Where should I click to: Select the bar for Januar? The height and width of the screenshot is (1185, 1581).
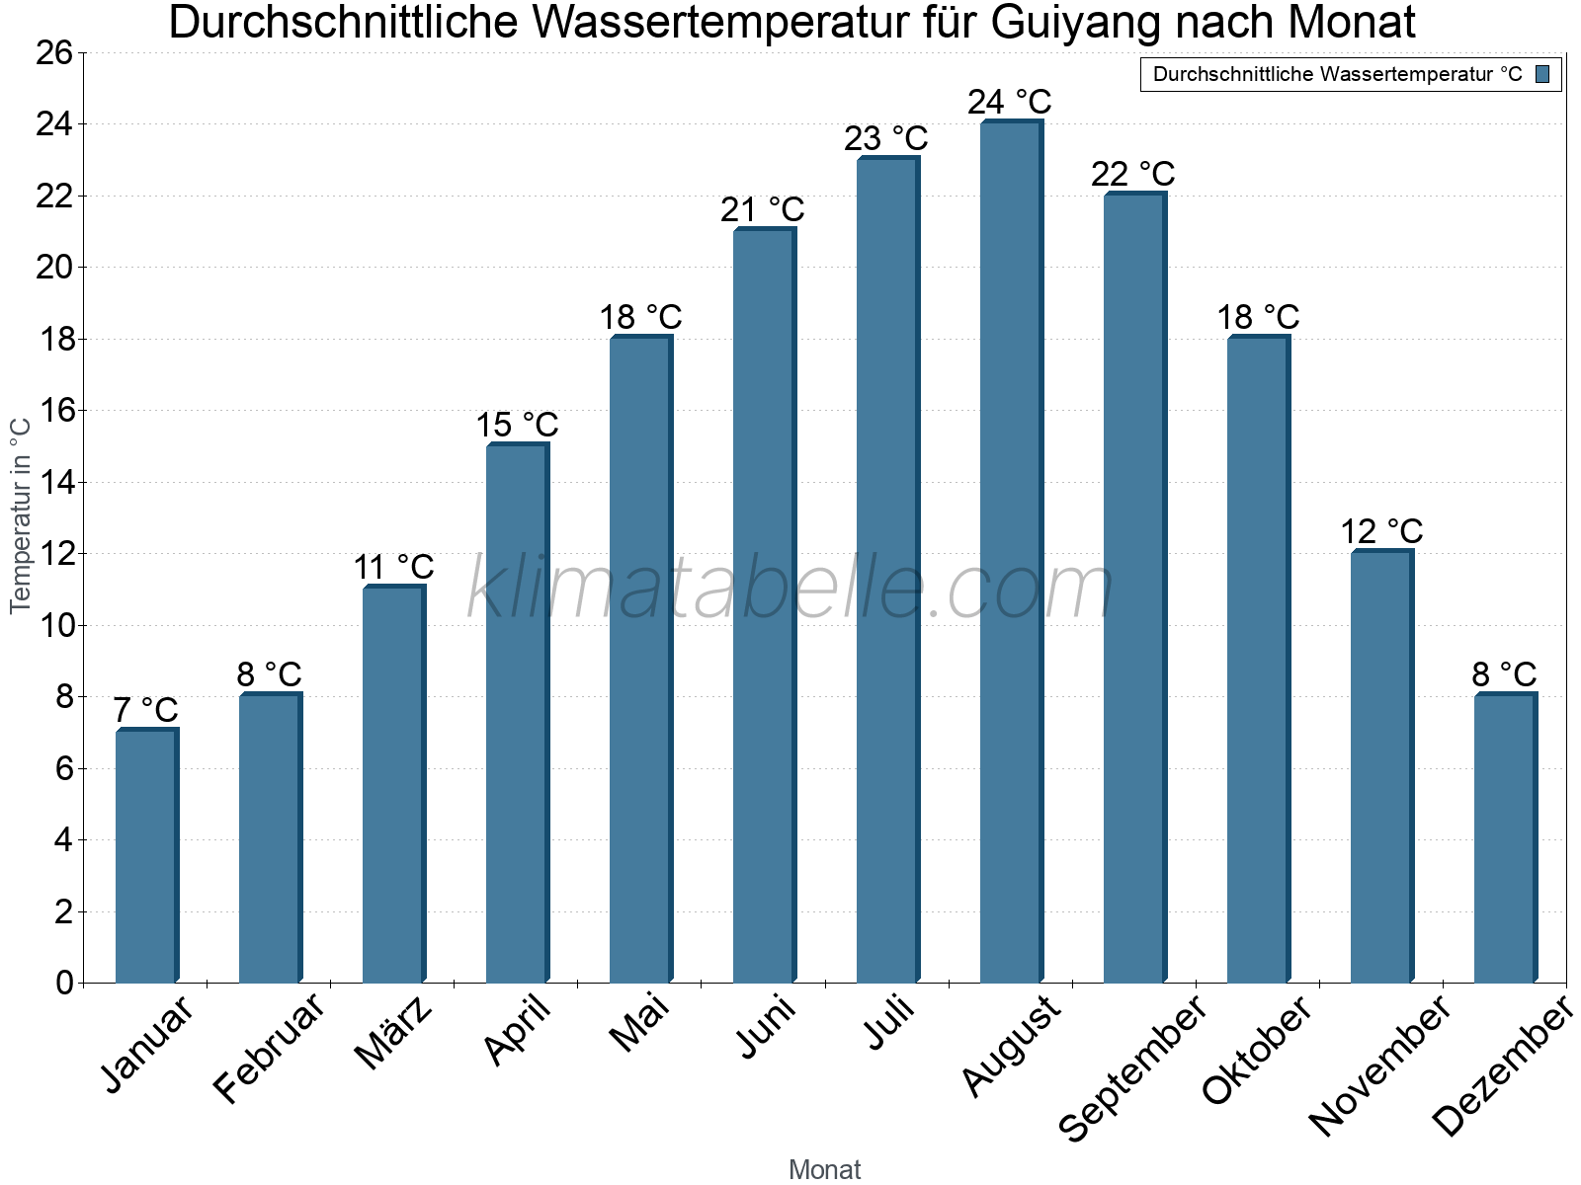point(146,856)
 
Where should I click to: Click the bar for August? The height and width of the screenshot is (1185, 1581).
point(1011,552)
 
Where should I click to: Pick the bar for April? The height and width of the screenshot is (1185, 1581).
point(517,713)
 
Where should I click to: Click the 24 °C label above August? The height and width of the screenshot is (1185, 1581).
point(1009,102)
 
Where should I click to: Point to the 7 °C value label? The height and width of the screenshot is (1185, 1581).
point(145,709)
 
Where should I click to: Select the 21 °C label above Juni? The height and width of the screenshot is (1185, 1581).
point(762,209)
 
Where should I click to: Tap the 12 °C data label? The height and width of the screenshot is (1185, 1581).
point(1380,531)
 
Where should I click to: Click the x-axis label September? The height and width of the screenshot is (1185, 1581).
point(1132,1066)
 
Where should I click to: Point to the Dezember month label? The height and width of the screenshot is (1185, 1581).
point(1502,1066)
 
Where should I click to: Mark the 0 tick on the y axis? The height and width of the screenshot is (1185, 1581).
point(64,983)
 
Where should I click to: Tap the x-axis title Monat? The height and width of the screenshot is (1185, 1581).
point(824,1169)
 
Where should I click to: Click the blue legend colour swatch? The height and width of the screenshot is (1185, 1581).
point(1542,74)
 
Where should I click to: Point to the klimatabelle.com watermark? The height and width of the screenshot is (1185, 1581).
point(790,588)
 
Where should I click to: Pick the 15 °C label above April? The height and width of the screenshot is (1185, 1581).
point(517,425)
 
